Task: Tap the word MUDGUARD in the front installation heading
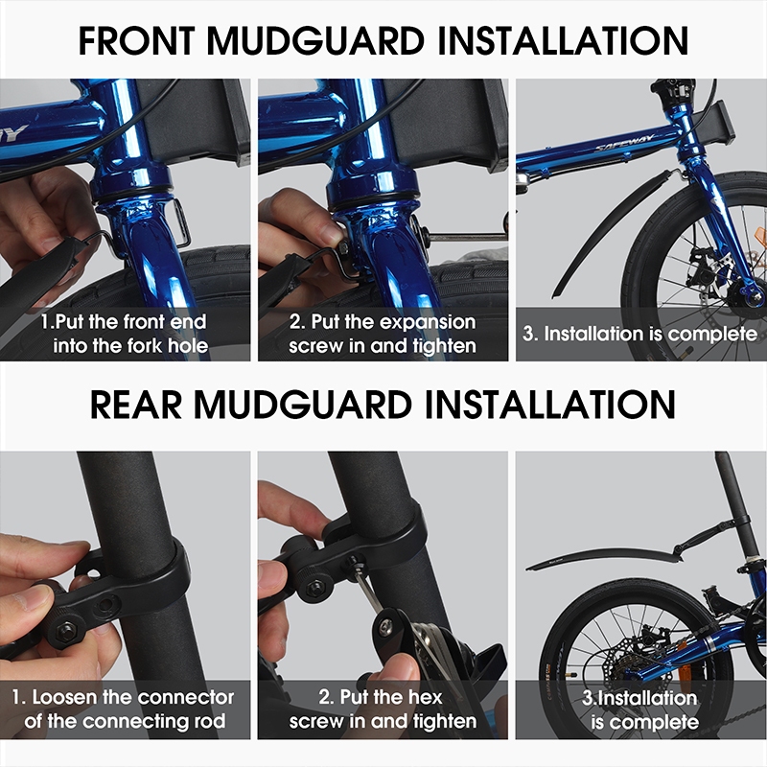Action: pyautogui.click(x=315, y=40)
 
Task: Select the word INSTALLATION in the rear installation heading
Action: pyautogui.click(x=550, y=404)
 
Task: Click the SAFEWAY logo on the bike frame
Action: pyautogui.click(x=624, y=142)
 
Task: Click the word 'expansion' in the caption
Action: pyautogui.click(x=427, y=323)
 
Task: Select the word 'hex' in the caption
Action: pyautogui.click(x=424, y=697)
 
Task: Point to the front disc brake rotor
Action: pyautogui.click(x=706, y=273)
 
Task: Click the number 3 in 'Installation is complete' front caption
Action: pyautogui.click(x=528, y=334)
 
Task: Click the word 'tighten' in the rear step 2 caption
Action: pyautogui.click(x=445, y=722)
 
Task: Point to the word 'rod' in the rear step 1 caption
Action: pyautogui.click(x=210, y=721)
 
